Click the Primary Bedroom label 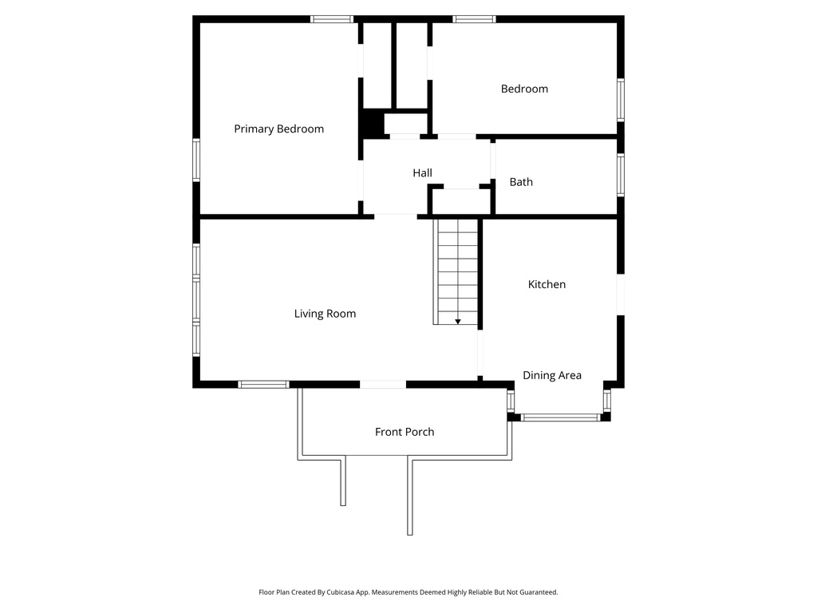(278, 129)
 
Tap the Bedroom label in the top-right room (524, 89)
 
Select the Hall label (422, 172)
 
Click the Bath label (521, 182)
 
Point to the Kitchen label (547, 284)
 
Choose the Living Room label (325, 314)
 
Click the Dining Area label (551, 375)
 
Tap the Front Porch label (405, 432)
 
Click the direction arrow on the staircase (458, 321)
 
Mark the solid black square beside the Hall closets (371, 125)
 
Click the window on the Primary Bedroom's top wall (332, 19)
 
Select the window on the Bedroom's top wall (474, 19)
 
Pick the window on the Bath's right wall (620, 175)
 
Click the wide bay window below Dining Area (561, 417)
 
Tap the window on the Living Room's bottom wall (263, 384)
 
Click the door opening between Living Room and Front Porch (383, 384)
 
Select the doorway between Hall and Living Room (396, 216)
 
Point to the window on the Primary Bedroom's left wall (196, 160)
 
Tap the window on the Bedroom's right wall (620, 100)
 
